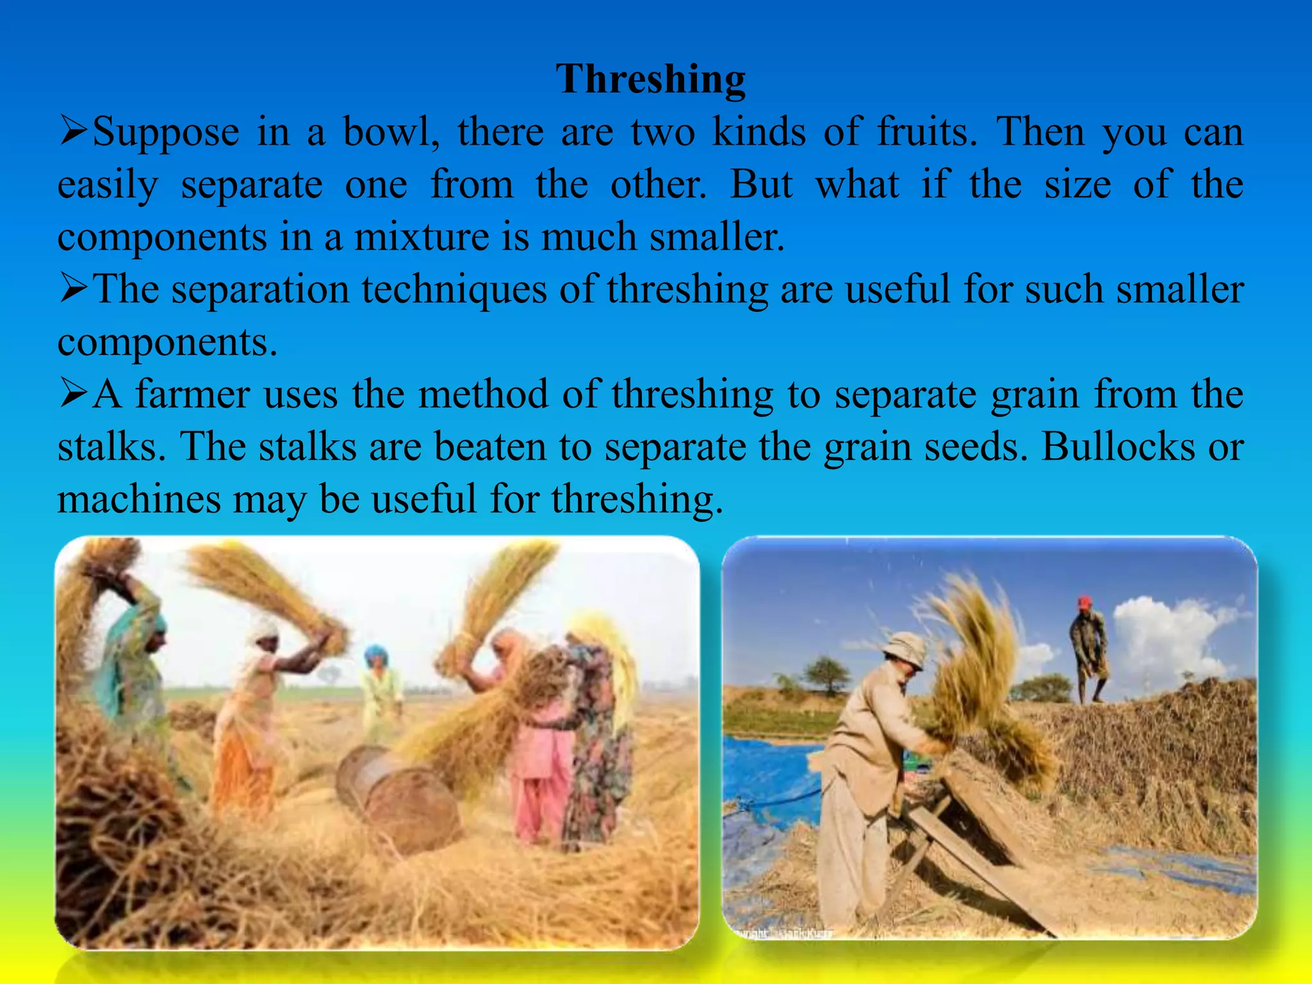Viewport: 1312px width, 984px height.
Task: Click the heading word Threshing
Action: point(650,79)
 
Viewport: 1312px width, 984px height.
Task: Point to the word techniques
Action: point(454,290)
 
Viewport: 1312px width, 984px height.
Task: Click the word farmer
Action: point(192,394)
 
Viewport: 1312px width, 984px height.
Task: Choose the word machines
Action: point(139,499)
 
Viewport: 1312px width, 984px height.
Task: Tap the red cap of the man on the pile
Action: point(1084,602)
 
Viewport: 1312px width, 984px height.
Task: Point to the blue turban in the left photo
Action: point(376,655)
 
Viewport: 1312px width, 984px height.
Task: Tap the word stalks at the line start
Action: point(107,447)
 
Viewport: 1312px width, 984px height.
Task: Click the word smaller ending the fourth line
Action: point(1179,290)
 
